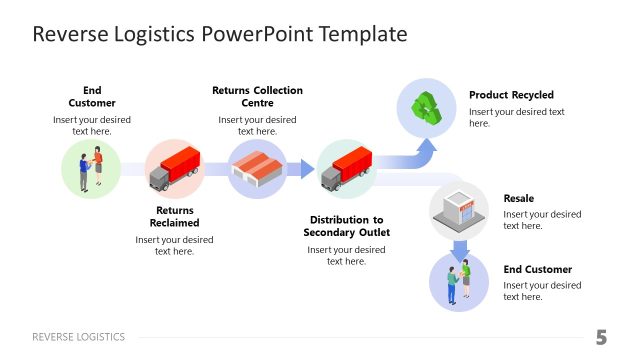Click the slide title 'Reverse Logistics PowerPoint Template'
point(220,34)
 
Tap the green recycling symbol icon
point(427,108)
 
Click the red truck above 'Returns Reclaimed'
point(175,167)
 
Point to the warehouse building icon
point(258,169)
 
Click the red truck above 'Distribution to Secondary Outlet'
point(346,167)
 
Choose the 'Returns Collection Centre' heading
point(257,96)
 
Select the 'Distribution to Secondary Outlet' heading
point(346,226)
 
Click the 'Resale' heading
point(518,198)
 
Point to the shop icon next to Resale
point(458,209)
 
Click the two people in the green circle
point(91,169)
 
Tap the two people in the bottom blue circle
point(458,281)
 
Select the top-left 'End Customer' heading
point(92,96)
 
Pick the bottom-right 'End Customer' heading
point(537,269)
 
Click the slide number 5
point(601,337)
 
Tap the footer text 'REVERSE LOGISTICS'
point(79,337)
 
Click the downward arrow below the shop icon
point(459,249)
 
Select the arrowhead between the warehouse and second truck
point(304,169)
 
